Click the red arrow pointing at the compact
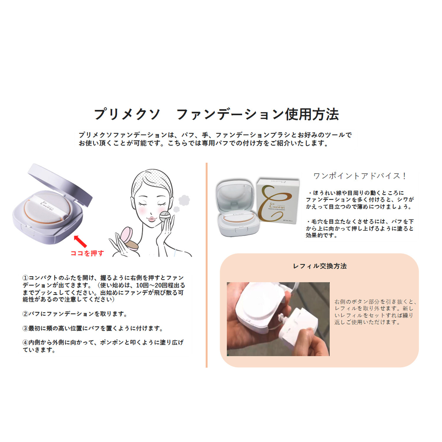point(80,241)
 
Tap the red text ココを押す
point(87,253)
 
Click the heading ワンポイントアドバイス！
point(360,176)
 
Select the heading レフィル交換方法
point(320,266)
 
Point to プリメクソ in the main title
point(127,114)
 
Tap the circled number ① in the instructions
point(25,278)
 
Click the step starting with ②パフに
point(75,314)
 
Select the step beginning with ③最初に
point(93,328)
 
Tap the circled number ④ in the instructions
point(25,342)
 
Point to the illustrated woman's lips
point(151,219)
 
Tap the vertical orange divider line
point(207,265)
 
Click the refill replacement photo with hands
point(278,319)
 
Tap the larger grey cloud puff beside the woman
point(184,200)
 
